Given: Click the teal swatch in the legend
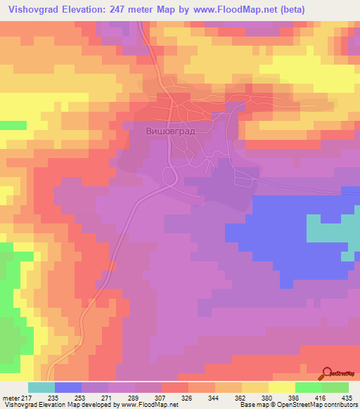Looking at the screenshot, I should point(41,388).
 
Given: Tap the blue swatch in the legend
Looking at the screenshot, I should point(68,388).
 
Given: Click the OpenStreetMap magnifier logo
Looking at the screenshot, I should point(328,373).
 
